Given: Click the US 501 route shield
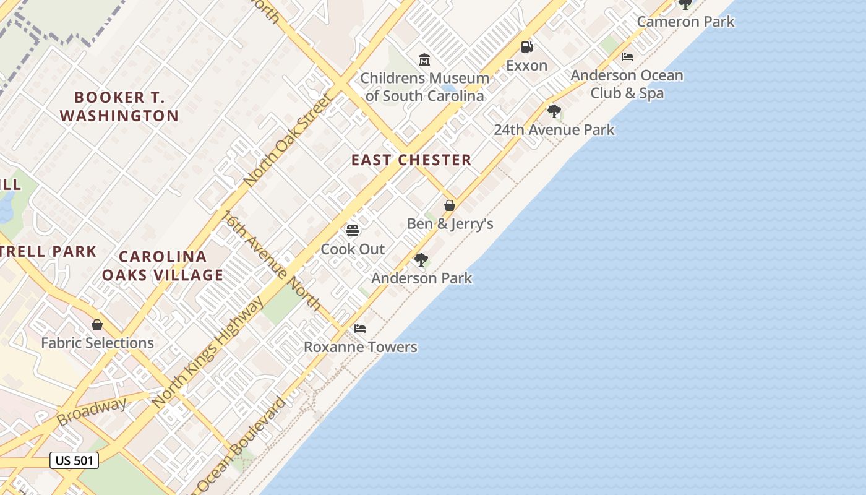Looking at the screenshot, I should coord(74,460).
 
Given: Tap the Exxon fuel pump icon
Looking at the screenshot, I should coord(526,47).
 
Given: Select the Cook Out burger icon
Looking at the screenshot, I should coord(353,231).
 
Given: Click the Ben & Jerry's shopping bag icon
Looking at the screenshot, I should coord(450,205).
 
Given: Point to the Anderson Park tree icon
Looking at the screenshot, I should coord(421,259).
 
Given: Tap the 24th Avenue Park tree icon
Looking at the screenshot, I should coord(554,111).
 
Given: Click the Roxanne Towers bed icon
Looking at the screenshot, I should coord(360,329).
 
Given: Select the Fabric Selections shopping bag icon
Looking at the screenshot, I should coord(97,325).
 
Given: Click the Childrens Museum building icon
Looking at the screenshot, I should coord(424,60).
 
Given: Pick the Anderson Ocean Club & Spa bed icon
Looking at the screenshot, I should coord(627,57).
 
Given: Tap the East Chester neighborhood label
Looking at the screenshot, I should coord(411,160).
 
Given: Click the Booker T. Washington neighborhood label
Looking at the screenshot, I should coord(119,106).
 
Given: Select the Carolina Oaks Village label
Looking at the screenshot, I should coord(163,266).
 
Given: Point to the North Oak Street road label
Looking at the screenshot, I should coord(288,140).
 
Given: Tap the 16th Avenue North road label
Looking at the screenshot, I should coord(273,260).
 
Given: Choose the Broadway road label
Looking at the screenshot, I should coord(92,411).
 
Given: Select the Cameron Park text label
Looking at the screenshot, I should coord(685,22).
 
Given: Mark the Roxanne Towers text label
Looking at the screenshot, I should coord(360,347).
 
